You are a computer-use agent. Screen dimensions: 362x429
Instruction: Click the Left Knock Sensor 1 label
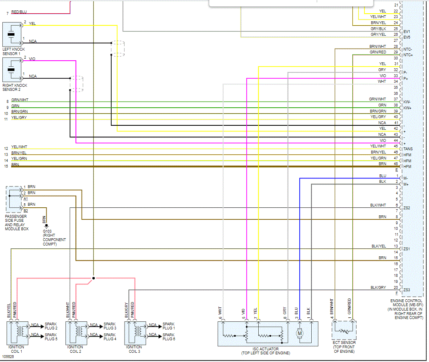(14, 51)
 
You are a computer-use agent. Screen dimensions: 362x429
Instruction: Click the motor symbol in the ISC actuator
(300, 333)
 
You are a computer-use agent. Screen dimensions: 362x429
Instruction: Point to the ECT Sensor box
(344, 330)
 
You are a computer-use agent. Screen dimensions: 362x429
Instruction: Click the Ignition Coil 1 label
(16, 349)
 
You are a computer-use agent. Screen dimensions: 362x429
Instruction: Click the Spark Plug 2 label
(51, 326)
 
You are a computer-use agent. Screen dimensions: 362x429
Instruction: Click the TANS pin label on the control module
(408, 149)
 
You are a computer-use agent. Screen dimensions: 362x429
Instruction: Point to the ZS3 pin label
(407, 290)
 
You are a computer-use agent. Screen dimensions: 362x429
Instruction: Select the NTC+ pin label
(408, 55)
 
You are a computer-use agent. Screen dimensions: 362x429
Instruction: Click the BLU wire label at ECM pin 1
(382, 176)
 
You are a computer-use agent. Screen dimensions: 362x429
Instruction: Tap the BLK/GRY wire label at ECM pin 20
(378, 288)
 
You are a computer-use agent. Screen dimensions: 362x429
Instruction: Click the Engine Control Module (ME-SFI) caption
(406, 309)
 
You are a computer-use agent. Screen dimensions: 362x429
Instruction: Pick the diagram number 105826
(8, 356)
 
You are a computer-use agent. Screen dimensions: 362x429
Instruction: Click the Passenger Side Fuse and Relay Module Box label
(16, 223)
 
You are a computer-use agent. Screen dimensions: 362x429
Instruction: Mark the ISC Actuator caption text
(266, 351)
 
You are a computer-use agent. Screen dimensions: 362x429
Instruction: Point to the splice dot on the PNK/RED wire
(94, 278)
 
